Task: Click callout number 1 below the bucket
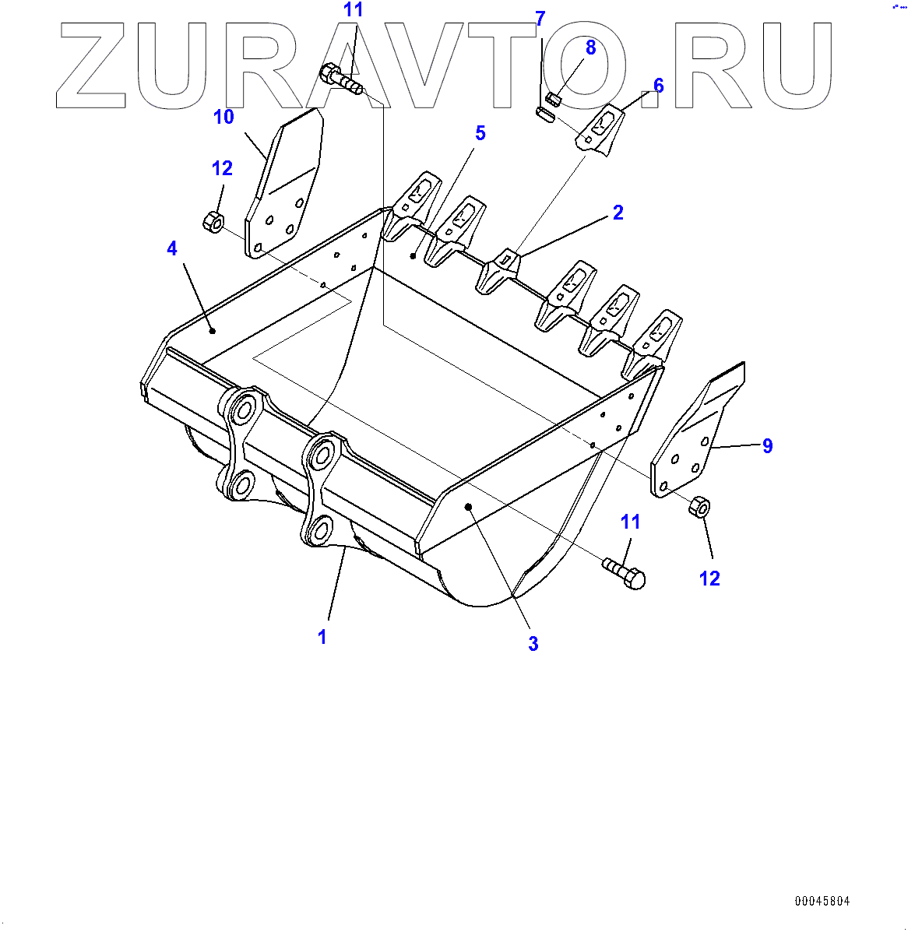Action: click(322, 637)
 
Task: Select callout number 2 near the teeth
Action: click(618, 213)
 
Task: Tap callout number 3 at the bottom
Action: click(533, 644)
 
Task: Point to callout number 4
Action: click(172, 248)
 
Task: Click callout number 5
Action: click(480, 134)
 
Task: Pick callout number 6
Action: click(658, 85)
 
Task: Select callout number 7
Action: click(540, 19)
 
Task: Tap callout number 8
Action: click(590, 47)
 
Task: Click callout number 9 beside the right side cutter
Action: click(767, 446)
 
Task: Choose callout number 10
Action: click(223, 117)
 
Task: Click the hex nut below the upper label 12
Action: click(213, 221)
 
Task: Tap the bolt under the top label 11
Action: click(340, 79)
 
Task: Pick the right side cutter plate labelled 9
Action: click(695, 436)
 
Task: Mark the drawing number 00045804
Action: click(822, 901)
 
